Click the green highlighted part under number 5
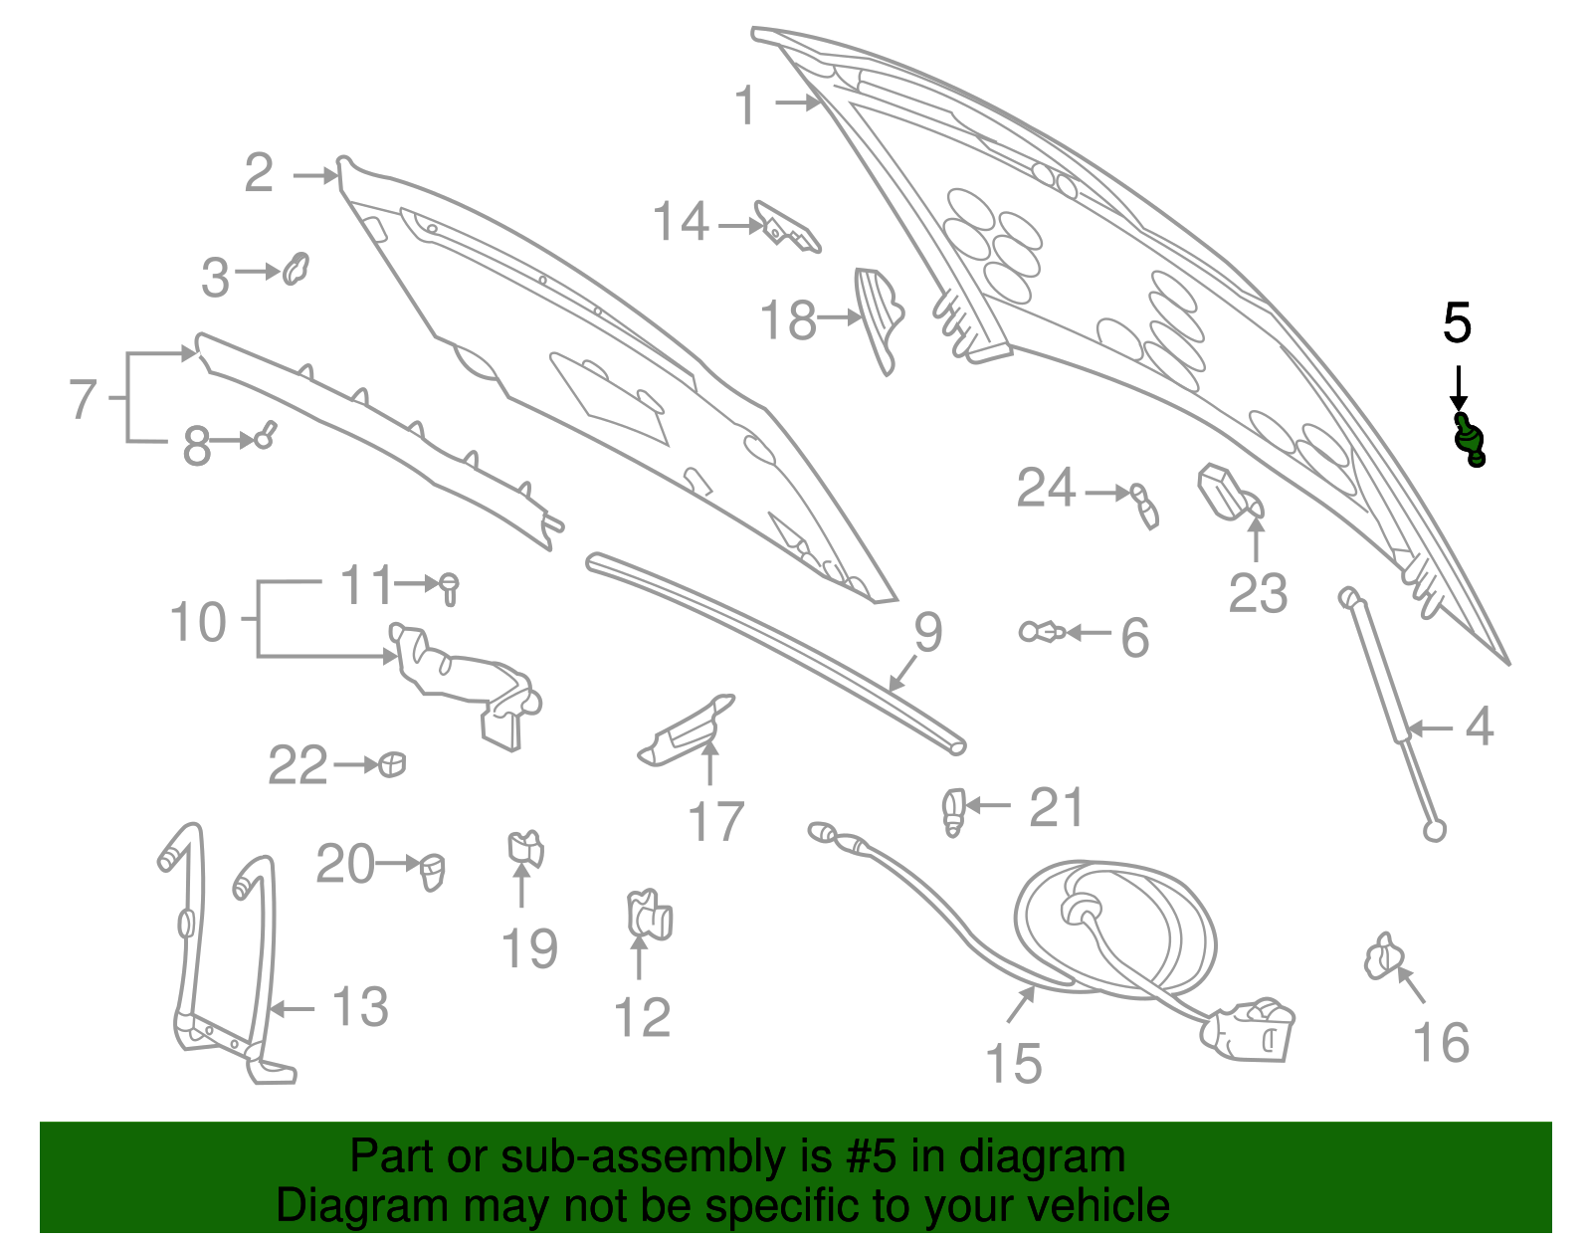click(1469, 440)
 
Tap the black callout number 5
click(1457, 323)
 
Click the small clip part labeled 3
click(296, 269)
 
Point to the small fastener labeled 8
click(266, 435)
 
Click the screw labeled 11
click(449, 588)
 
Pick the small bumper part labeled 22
click(392, 764)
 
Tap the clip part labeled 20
click(432, 871)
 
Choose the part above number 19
click(525, 849)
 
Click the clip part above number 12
click(649, 915)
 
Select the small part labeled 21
click(953, 811)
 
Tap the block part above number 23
click(1230, 493)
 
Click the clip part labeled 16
click(1383, 955)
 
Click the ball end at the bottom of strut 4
click(1434, 831)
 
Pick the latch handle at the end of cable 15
click(1247, 1029)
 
